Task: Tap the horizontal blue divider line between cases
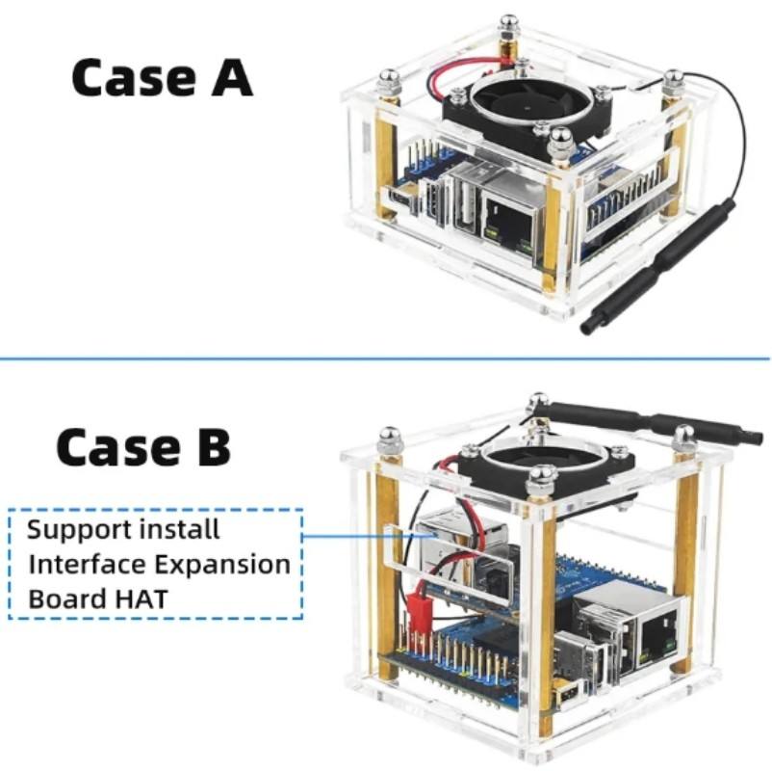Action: tap(385, 359)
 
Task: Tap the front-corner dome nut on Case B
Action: tap(542, 476)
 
